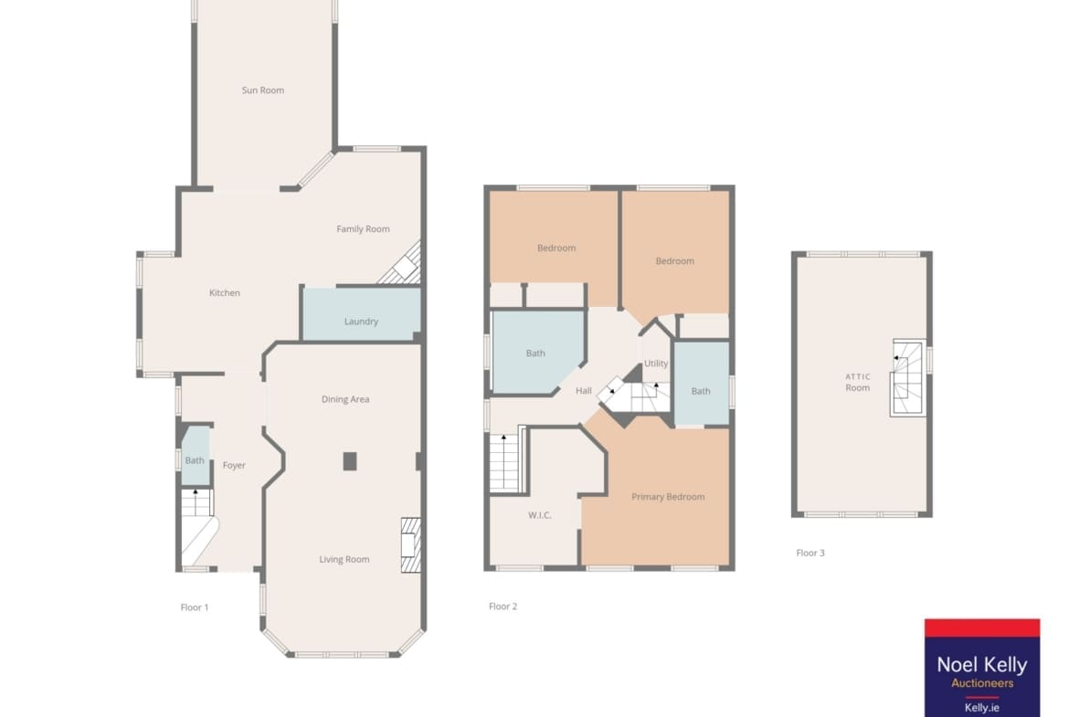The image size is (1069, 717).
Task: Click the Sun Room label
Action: coord(262,90)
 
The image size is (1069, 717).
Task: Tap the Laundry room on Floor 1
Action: coord(361,313)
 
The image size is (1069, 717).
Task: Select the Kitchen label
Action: coord(224,293)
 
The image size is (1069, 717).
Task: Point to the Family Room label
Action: coord(363,229)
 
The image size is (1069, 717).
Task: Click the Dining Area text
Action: coord(345,399)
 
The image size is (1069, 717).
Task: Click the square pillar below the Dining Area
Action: coord(350,461)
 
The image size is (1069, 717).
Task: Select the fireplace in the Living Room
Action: coord(410,545)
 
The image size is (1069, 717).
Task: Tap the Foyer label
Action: coord(234,466)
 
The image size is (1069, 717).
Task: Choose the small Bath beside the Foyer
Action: coord(195,455)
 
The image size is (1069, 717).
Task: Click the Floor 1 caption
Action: coord(195,607)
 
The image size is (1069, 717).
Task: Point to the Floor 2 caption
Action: coord(503,606)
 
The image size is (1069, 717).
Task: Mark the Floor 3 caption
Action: coord(810,553)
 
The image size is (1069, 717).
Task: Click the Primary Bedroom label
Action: coord(668,497)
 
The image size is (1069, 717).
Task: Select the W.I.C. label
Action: coord(539,515)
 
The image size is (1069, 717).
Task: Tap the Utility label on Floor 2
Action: coord(656,364)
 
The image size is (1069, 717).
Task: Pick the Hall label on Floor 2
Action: coord(584,391)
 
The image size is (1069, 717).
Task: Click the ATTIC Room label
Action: coord(858,383)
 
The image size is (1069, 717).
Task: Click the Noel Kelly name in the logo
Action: coord(981,665)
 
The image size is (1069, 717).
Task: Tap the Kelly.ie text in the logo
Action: coord(981,708)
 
